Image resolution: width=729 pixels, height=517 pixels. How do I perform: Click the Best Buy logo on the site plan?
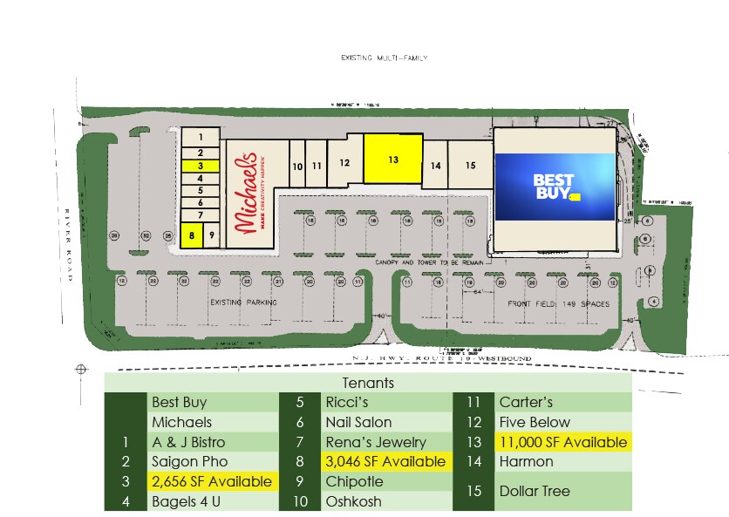[x=555, y=185]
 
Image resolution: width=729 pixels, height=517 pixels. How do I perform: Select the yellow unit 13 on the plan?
[x=392, y=160]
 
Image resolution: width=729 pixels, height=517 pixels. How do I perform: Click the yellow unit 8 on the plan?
[x=192, y=235]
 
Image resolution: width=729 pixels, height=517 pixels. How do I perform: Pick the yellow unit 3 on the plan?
[x=200, y=165]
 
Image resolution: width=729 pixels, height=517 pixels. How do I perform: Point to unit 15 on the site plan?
[x=470, y=165]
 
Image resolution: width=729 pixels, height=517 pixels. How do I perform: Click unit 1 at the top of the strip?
[x=200, y=137]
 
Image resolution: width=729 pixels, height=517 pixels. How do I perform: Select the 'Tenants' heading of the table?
[x=369, y=383]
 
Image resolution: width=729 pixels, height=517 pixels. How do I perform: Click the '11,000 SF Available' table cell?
[x=562, y=442]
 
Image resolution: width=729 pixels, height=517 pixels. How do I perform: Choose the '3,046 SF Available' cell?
[x=385, y=461]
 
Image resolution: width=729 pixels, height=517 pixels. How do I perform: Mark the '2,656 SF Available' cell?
[x=212, y=481]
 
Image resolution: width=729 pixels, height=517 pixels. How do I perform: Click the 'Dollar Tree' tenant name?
[x=535, y=491]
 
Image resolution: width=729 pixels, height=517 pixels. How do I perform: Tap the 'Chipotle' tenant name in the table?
[x=354, y=481]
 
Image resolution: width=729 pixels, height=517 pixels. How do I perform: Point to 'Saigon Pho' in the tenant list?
[x=189, y=461]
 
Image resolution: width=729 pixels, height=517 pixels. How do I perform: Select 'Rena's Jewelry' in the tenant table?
[x=376, y=442]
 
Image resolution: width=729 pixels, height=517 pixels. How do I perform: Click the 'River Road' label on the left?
[x=67, y=232]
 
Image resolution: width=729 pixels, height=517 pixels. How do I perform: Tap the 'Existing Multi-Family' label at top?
[x=385, y=58]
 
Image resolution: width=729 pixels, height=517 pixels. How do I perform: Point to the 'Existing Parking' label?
[x=243, y=303]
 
